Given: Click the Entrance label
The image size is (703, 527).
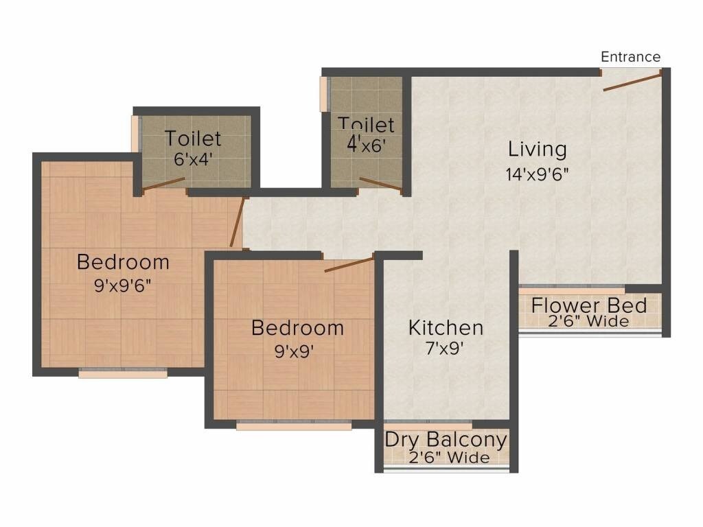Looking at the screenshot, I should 630,57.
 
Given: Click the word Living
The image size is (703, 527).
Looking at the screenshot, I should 537,149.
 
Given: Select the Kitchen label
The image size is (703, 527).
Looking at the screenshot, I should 446,327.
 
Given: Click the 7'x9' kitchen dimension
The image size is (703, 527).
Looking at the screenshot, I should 446,349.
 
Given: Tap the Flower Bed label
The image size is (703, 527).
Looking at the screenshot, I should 589,305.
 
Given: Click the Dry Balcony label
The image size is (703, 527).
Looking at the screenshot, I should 446,439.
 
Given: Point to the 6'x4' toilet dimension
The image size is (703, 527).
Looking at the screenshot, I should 193,158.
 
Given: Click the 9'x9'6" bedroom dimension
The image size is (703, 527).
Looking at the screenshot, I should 122,285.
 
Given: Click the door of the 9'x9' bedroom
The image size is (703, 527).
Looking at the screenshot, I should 349,263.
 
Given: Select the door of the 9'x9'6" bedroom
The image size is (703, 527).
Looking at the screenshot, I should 237,222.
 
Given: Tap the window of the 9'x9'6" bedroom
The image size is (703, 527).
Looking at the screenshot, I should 123,373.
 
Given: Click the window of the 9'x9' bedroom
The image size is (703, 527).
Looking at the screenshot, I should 294,425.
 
